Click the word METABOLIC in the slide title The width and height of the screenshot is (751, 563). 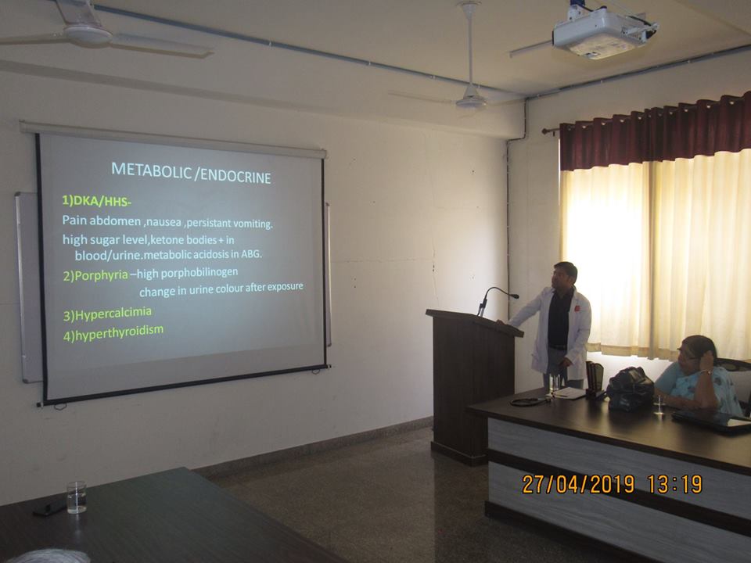tap(151, 170)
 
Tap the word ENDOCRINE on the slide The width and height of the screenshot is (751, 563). tap(235, 176)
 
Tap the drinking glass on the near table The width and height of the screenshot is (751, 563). tap(77, 497)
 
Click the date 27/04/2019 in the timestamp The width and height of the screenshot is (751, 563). tap(578, 484)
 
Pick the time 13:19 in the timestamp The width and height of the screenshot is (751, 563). tap(675, 484)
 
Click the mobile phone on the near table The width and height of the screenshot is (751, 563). tap(49, 507)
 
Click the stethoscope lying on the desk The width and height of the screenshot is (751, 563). tap(530, 401)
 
